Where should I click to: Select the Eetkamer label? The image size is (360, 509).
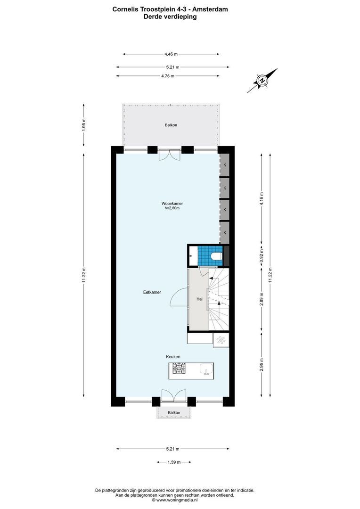coord(152,292)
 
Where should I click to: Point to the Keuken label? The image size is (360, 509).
coord(173,357)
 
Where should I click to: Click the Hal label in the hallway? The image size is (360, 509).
coord(199,299)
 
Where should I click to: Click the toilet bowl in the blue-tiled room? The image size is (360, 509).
coord(216,256)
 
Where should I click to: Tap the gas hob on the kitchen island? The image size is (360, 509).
coord(179,369)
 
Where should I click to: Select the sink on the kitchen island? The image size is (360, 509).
coord(205,369)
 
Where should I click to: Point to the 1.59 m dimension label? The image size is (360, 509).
coord(174,462)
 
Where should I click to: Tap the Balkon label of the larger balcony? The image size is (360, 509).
coord(171,125)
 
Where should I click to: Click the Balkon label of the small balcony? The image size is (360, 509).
coord(174,413)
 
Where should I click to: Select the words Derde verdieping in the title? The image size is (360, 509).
coord(170,16)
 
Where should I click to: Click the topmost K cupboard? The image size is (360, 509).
coord(225,165)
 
